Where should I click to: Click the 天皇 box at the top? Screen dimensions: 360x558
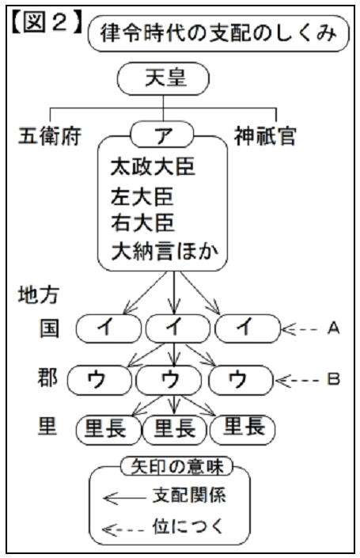[163, 78]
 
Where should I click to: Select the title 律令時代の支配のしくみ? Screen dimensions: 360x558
[218, 33]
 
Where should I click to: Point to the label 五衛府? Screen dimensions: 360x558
[49, 136]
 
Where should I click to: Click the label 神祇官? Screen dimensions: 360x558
[265, 136]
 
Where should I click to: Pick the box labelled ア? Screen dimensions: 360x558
[162, 135]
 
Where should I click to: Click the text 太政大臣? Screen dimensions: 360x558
[153, 166]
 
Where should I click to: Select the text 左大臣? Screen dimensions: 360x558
[142, 196]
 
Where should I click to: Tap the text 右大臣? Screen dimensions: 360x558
[142, 222]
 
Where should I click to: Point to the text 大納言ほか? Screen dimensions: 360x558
[165, 252]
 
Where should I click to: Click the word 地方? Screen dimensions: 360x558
[39, 294]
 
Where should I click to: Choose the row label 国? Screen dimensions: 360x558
[49, 328]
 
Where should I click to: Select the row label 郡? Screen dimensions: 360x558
[47, 378]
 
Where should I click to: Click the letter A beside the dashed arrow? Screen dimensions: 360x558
[333, 328]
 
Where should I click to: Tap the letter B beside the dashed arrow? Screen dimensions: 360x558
[333, 379]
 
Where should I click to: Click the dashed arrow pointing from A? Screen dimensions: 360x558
[300, 329]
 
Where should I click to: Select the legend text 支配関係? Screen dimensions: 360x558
[189, 495]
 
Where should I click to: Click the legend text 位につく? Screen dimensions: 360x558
[188, 526]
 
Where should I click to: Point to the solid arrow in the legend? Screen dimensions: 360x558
[124, 498]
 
